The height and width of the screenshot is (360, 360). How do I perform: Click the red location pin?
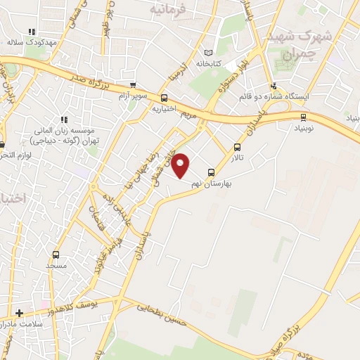click(x=181, y=165)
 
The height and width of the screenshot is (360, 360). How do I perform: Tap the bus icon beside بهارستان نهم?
click(x=211, y=172)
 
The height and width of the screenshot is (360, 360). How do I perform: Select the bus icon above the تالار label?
click(x=237, y=148)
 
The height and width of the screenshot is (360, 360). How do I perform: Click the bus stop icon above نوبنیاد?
click(x=303, y=117)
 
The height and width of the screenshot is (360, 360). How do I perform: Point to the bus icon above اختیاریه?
click(x=164, y=98)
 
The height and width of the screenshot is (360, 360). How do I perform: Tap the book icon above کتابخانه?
click(x=207, y=53)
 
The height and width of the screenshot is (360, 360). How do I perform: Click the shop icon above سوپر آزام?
click(x=133, y=84)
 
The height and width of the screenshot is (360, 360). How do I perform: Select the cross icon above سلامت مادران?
click(x=19, y=312)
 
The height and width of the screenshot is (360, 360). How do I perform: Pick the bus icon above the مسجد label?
click(x=56, y=255)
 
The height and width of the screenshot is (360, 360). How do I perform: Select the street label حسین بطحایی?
click(x=163, y=310)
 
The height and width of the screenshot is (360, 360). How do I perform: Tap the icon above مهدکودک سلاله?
click(x=31, y=32)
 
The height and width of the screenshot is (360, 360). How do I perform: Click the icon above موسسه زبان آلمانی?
click(x=65, y=120)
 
